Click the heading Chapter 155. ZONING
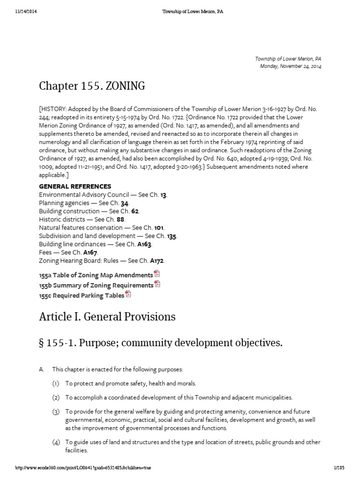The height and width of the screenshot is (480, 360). click(x=92, y=86)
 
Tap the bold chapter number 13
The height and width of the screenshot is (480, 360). click(x=163, y=195)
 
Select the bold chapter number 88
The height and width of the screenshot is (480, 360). click(x=120, y=219)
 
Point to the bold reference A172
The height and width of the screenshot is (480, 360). click(x=157, y=260)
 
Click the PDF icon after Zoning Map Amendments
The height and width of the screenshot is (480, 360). click(x=157, y=274)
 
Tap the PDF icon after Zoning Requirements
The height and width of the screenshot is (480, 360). click(x=157, y=284)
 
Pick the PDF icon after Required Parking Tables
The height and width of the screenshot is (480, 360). click(x=128, y=294)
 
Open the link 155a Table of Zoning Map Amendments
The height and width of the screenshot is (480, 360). click(x=96, y=275)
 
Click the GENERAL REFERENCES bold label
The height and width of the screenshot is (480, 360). click(x=75, y=186)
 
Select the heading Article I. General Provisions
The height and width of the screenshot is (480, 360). click(x=107, y=317)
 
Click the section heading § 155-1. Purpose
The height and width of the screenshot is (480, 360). click(x=161, y=343)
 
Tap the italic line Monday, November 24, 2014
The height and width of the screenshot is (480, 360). click(x=291, y=66)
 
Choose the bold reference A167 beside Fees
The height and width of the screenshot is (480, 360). click(x=90, y=252)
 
